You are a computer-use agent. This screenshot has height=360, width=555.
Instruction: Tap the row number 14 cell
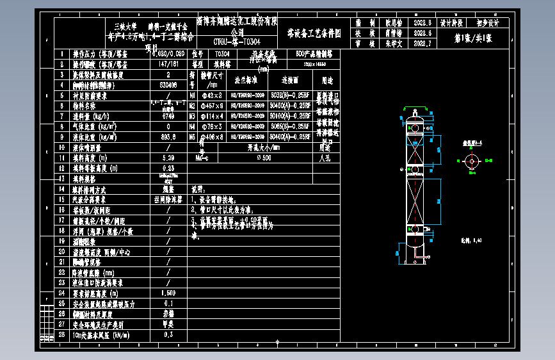pos(62,189)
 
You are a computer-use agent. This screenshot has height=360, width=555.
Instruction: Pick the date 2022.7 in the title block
pos(423,44)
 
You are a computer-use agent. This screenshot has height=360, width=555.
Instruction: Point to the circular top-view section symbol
pos(473,160)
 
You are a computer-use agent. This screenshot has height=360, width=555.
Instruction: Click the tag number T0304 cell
pos(222,54)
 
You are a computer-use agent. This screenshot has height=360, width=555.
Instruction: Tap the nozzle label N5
pos(192,136)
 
